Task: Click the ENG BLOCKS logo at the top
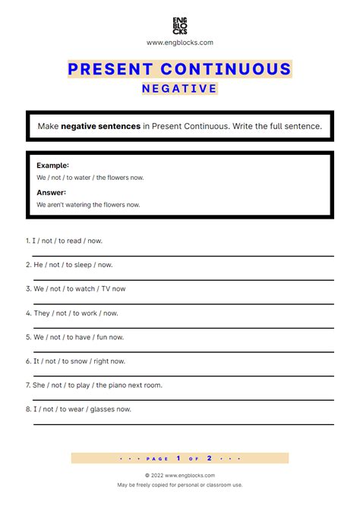179,25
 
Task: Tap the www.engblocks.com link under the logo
179,43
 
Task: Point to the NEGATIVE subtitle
179,89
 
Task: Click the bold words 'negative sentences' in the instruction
100,126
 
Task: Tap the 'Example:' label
52,165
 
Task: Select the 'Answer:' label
51,192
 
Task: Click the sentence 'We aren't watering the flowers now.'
88,205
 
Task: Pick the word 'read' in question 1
74,241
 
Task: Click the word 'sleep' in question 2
83,265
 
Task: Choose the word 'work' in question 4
90,313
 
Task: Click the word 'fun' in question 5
99,337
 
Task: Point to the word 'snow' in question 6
80,361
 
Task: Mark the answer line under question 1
182,257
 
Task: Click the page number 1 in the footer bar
178,458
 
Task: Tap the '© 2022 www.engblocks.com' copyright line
179,475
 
